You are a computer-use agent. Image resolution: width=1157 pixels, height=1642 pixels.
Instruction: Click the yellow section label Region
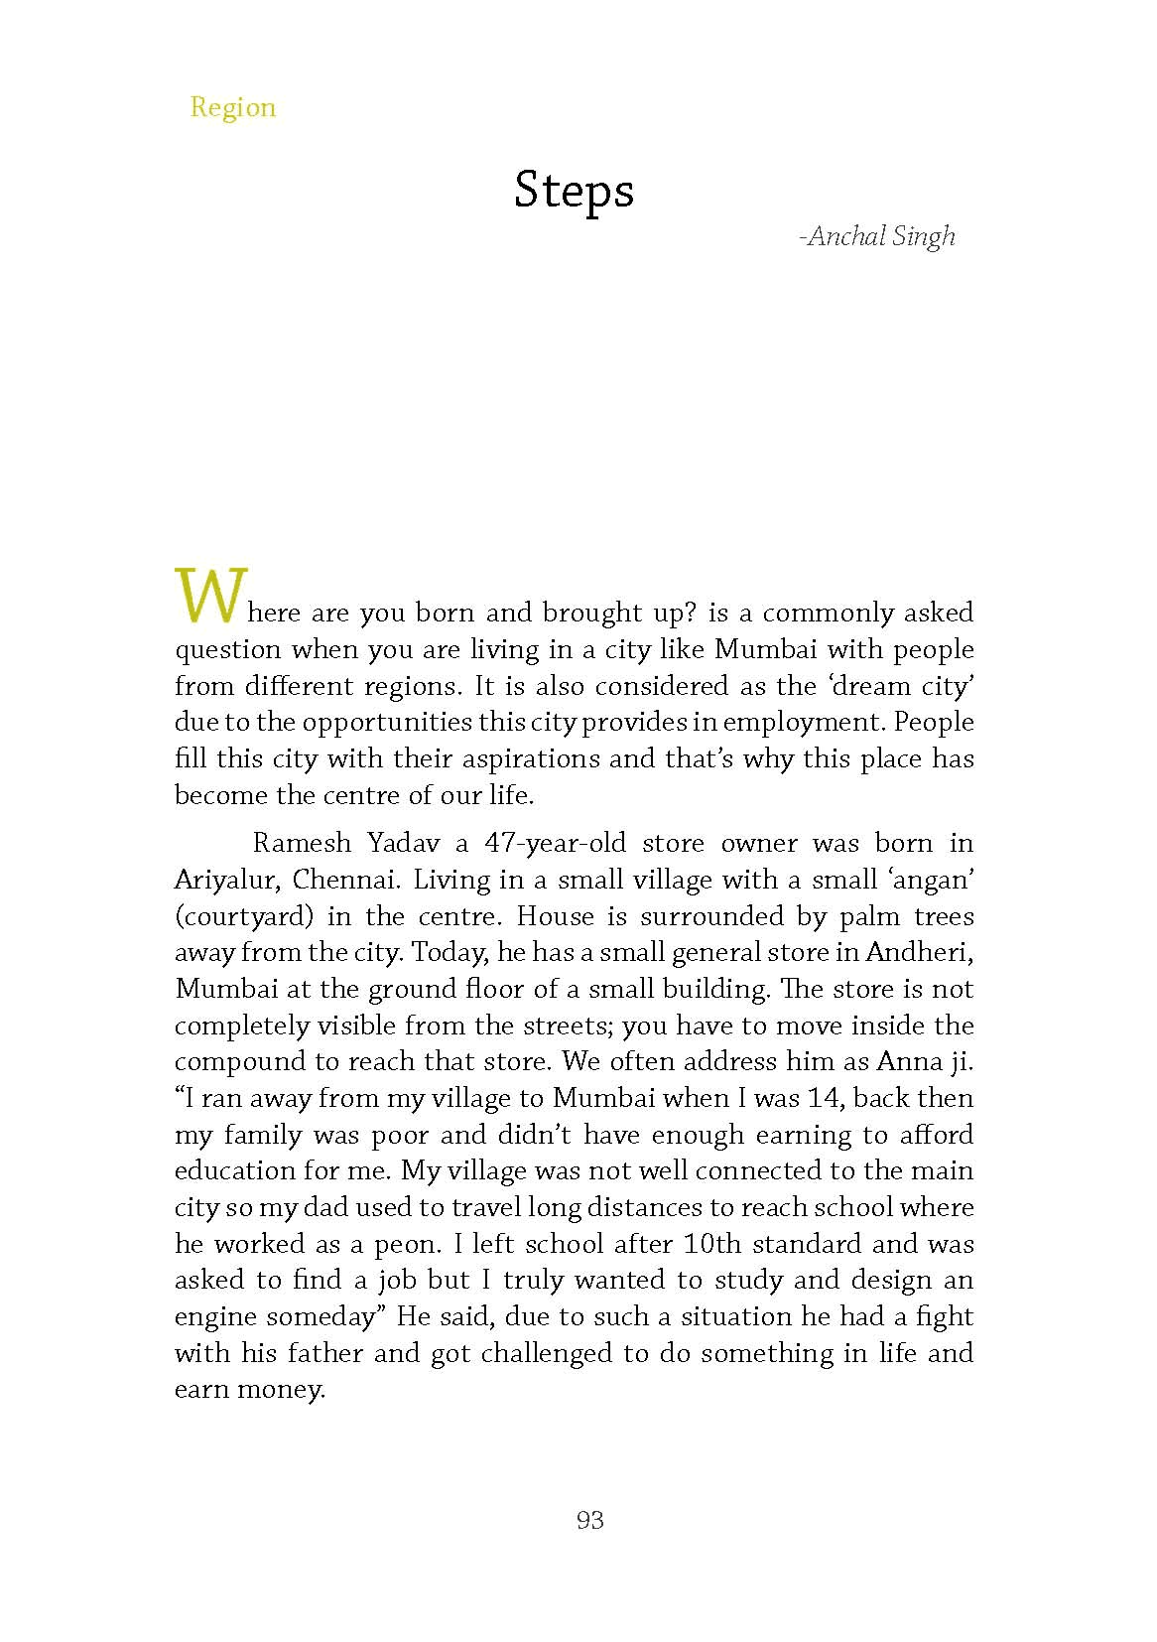click(233, 107)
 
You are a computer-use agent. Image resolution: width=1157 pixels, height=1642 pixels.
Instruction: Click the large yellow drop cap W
click(209, 596)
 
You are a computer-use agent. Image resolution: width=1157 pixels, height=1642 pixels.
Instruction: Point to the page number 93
click(589, 1520)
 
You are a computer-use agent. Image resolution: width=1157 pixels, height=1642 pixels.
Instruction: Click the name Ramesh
click(302, 844)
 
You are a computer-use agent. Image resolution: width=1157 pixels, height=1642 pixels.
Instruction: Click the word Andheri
click(918, 953)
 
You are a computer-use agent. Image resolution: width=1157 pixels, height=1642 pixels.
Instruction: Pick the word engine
click(215, 1317)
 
